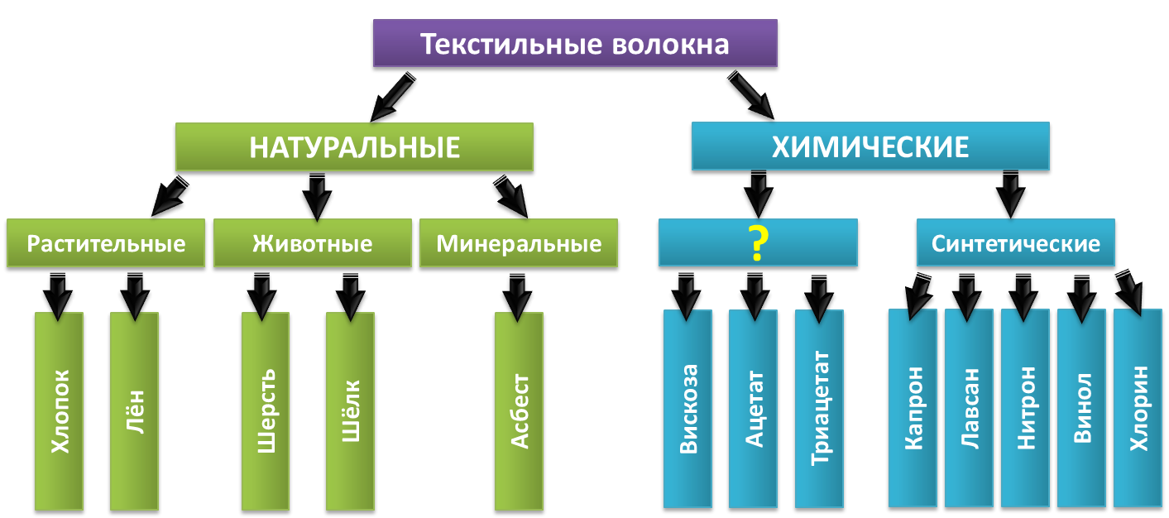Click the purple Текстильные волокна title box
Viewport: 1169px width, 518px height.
[x=574, y=44]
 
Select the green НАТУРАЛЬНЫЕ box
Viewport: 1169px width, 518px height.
[x=354, y=147]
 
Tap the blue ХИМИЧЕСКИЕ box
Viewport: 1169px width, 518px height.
[x=870, y=146]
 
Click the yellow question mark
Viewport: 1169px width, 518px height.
[x=758, y=242]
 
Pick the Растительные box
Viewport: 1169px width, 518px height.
[x=105, y=244]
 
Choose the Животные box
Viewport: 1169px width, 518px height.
[x=312, y=244]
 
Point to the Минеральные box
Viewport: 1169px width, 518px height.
[x=518, y=244]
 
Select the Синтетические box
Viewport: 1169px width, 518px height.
[x=1015, y=243]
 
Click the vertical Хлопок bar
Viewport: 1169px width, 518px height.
[x=60, y=411]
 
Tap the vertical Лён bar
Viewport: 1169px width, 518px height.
[x=134, y=411]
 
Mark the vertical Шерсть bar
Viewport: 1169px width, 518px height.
[x=266, y=411]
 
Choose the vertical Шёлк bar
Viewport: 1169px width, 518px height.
[x=350, y=411]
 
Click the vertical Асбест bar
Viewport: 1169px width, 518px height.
[x=519, y=411]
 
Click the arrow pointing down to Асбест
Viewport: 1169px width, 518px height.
[x=518, y=297]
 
